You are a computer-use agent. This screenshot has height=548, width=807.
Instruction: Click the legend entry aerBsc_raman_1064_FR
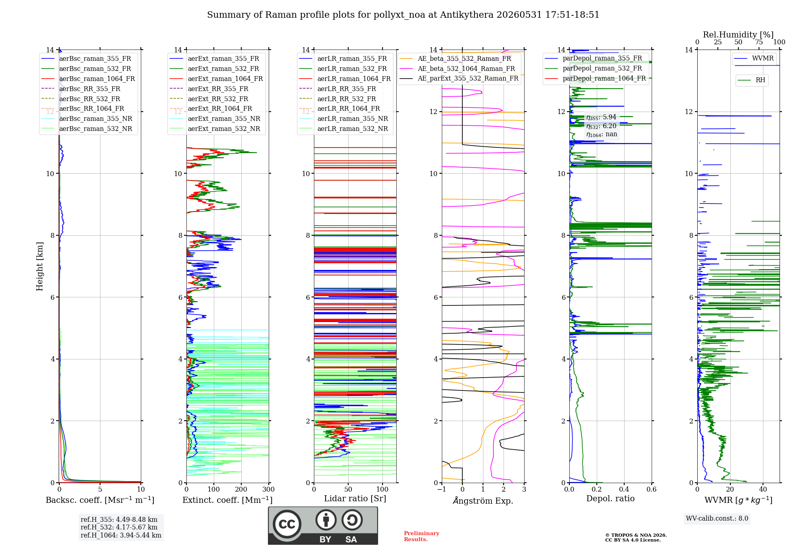[x=88, y=79]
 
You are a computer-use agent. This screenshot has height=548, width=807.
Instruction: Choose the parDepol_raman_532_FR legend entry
[x=594, y=68]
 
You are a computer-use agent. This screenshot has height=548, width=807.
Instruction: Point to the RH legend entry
[x=751, y=80]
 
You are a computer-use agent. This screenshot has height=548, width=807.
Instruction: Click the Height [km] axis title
[x=40, y=266]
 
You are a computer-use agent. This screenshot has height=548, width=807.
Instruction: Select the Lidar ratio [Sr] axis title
[x=355, y=498]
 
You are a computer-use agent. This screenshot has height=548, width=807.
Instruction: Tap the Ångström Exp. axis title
[x=483, y=500]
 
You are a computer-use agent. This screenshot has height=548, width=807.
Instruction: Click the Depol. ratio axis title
[x=610, y=498]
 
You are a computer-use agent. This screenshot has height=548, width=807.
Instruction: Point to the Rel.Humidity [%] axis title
[x=738, y=35]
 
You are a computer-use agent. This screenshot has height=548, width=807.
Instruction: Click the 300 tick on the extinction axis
[x=269, y=489]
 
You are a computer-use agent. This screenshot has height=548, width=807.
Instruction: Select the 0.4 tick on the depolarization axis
[x=624, y=489]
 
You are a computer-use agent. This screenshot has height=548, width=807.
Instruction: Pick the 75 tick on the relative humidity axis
[x=759, y=42]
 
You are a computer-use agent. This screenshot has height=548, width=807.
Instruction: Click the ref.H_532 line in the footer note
[x=119, y=527]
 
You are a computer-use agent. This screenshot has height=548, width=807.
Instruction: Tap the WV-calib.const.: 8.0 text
[x=717, y=519]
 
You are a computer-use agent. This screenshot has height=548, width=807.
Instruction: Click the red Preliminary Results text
[x=422, y=536]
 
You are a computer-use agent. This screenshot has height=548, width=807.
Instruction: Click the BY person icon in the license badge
[x=326, y=520]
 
